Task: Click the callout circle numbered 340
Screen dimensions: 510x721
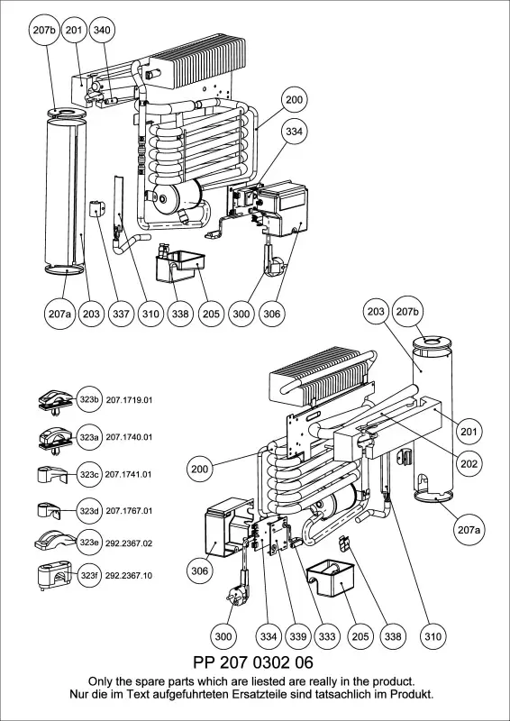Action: point(102,31)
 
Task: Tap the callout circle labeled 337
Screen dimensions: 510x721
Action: point(121,314)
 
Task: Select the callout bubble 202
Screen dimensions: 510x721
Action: point(469,464)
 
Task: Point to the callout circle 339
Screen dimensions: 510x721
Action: point(298,636)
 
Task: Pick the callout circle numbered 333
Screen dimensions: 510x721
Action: point(327,636)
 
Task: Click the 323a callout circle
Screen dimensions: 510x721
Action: point(89,437)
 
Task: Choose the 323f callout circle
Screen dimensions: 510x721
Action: point(89,576)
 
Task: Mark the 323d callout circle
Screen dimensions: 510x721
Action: point(89,511)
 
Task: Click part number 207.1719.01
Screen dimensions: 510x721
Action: point(129,400)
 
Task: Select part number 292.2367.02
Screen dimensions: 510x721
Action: point(129,543)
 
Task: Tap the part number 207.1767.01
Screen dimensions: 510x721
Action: point(129,511)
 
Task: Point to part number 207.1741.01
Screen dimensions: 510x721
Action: point(129,474)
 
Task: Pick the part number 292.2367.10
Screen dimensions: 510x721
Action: point(129,576)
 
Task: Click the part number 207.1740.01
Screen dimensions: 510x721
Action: point(129,437)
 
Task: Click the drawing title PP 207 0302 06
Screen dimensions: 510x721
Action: point(253,662)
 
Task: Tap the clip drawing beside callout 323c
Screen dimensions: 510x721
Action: point(51,475)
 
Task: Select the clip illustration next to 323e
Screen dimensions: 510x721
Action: point(53,542)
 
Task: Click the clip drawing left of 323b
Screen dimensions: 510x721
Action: point(55,402)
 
